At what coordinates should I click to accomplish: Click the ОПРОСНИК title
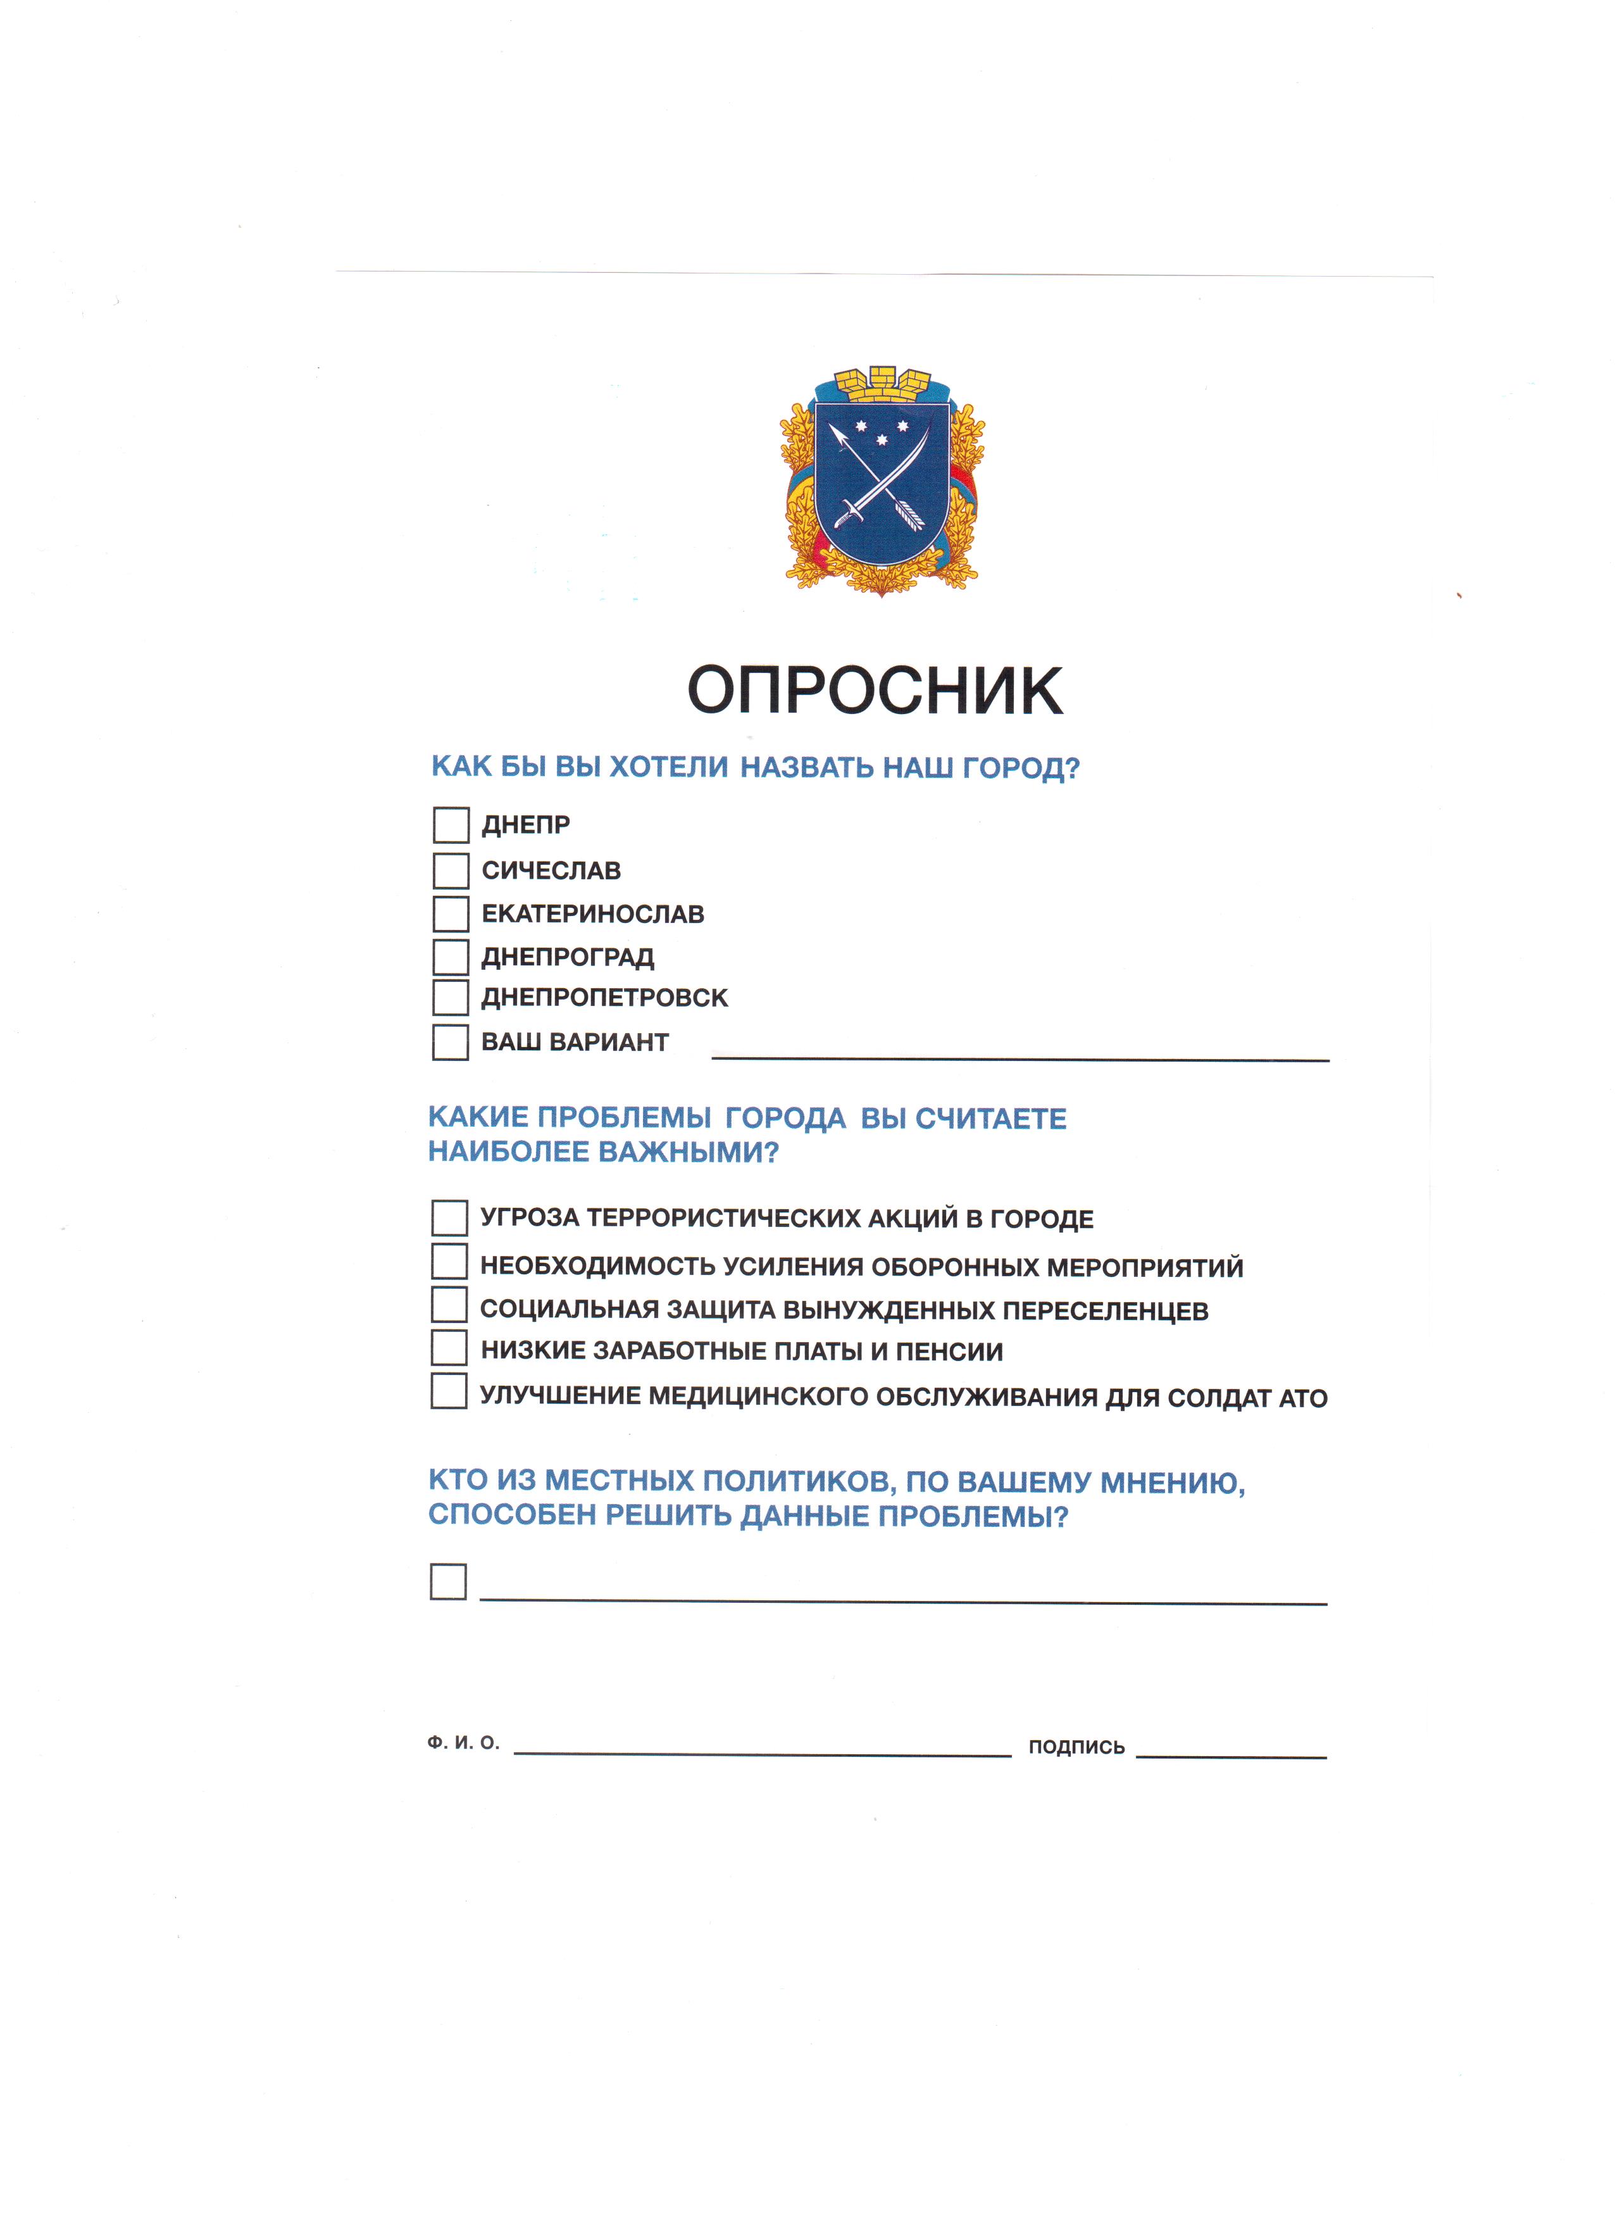875,691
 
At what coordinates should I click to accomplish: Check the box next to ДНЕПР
451,825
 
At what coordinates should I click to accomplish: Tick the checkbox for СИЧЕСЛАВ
451,870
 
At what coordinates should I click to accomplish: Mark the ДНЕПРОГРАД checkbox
451,956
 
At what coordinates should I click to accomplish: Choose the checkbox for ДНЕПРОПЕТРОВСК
451,997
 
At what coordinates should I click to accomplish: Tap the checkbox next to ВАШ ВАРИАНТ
451,1041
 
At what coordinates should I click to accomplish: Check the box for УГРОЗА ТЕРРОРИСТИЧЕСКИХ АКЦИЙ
449,1218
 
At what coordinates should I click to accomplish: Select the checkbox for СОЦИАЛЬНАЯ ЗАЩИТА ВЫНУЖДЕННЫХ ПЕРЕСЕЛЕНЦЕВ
449,1305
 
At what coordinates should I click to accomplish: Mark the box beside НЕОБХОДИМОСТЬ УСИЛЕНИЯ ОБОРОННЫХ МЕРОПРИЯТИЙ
449,1261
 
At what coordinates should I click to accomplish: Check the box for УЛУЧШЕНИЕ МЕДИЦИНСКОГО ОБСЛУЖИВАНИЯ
449,1391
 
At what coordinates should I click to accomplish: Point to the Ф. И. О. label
463,1743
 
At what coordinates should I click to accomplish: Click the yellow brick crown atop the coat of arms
882,384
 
